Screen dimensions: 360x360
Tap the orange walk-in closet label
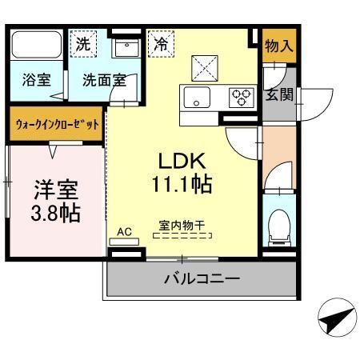click(58, 125)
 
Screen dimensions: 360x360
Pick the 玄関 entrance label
click(278, 94)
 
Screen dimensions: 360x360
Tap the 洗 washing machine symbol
click(83, 45)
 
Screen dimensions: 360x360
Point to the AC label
click(125, 233)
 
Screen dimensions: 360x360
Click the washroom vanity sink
click(125, 48)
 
